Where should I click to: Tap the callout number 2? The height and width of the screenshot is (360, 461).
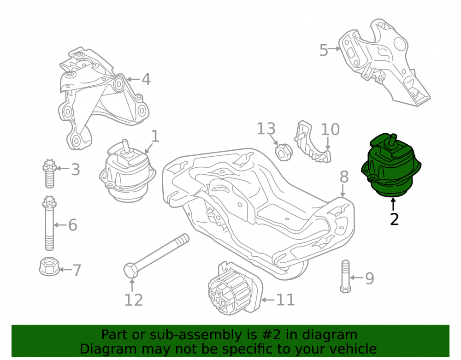click(394, 219)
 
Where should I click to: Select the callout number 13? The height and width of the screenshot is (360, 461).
click(266, 129)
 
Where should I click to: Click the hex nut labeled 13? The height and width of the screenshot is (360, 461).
click(284, 152)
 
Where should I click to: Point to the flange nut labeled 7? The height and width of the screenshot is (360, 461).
click(49, 266)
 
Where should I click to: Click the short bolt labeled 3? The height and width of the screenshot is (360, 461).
click(49, 174)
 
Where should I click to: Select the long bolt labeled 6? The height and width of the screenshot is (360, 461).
click(49, 224)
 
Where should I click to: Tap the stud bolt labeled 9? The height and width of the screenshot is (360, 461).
click(346, 276)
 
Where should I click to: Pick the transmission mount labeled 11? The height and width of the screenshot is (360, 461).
click(235, 289)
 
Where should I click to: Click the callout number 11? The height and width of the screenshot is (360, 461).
click(285, 300)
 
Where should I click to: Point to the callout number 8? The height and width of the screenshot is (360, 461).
click(344, 177)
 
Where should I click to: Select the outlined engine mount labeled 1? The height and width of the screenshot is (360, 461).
click(127, 171)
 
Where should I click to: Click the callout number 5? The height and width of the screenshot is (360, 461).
click(324, 50)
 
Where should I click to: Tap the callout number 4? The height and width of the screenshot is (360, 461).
click(146, 79)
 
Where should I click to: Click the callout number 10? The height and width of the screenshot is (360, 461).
click(330, 130)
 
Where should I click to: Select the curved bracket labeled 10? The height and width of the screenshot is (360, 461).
click(312, 142)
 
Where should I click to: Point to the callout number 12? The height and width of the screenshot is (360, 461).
click(134, 300)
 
